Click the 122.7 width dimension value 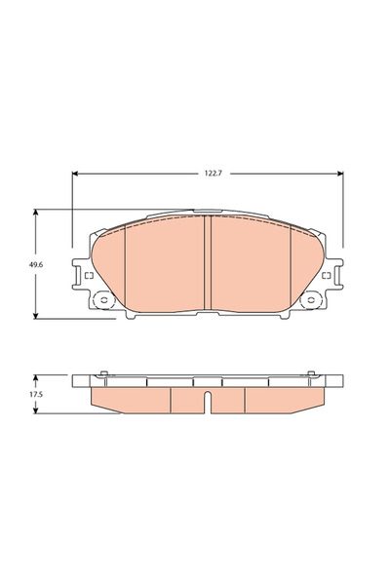(214, 174)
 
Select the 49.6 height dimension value (36, 265)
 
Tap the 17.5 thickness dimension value (36, 394)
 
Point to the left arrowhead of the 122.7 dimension (75, 174)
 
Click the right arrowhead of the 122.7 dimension (340, 174)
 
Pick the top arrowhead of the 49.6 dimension (35, 213)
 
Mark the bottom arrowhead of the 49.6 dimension (35, 316)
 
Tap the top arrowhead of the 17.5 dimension (35, 378)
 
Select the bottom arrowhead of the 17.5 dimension (35, 410)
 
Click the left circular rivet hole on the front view (103, 300)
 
